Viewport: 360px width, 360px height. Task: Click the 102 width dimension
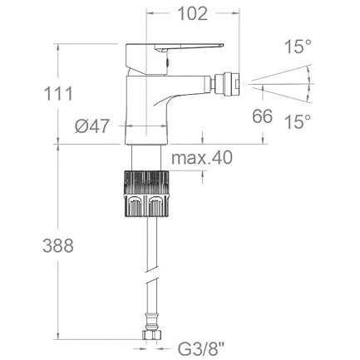(x=192, y=13)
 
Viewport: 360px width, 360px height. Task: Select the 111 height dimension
(x=58, y=94)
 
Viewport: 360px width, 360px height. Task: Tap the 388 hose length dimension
(x=58, y=245)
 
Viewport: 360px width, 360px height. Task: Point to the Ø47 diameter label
(x=92, y=126)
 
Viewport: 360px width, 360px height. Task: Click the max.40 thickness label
(x=202, y=158)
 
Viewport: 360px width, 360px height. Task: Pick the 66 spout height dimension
(x=262, y=116)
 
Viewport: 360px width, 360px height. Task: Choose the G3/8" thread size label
(x=201, y=349)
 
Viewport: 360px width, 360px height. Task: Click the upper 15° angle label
(x=298, y=47)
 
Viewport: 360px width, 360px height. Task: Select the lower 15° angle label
(x=298, y=121)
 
